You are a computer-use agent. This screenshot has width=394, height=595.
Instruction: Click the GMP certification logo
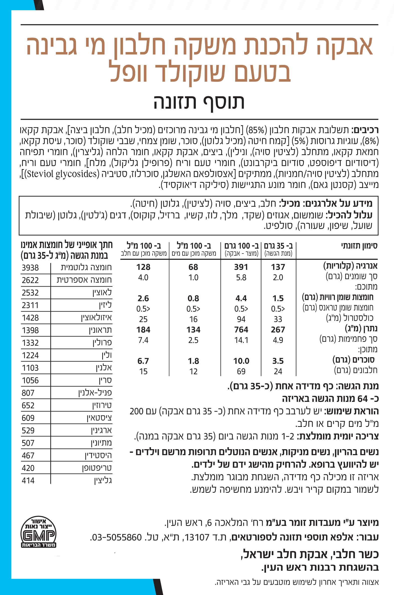pos(38,532)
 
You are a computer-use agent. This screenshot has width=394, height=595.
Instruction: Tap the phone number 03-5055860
pos(117,537)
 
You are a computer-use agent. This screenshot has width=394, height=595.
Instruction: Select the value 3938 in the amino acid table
pos(30,268)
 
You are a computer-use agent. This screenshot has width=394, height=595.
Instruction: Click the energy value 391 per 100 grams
pos(241,267)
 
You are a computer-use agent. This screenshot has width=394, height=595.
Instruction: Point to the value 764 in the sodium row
pos(241,329)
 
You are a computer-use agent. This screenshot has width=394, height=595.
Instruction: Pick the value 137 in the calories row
pos(278,267)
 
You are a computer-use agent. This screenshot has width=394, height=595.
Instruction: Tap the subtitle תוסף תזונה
pos(199,102)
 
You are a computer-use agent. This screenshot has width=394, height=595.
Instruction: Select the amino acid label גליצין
pos(103,481)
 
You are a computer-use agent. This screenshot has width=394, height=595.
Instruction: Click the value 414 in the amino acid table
pos(28,481)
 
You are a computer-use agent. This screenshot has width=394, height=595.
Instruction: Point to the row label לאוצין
pos(102,292)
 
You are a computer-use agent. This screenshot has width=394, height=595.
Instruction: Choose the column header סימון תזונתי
pos(359,246)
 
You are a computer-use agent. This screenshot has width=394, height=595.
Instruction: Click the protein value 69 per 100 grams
pos(241,371)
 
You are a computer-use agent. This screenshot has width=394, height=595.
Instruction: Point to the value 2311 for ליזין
pos(30,305)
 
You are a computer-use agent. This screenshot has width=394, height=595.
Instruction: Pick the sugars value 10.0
pos(241,361)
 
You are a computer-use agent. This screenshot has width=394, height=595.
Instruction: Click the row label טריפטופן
pos(97,468)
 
